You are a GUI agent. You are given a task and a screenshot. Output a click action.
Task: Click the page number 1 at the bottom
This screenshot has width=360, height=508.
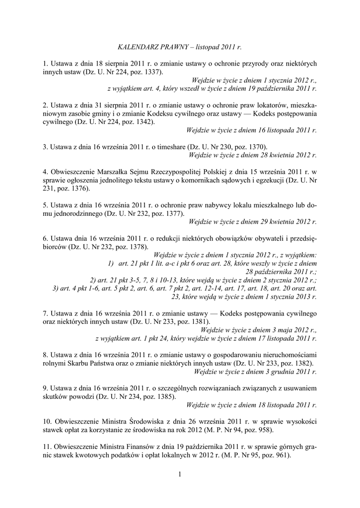click(x=180, y=475)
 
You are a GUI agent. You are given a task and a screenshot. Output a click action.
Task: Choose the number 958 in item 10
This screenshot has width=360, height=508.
click(x=264, y=429)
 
